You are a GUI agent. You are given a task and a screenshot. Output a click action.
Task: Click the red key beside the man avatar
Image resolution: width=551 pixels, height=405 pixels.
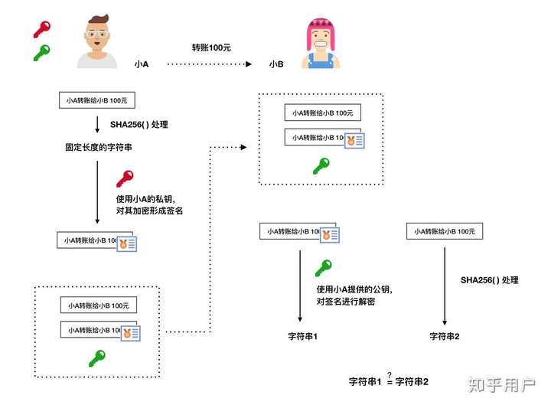pos(42,29)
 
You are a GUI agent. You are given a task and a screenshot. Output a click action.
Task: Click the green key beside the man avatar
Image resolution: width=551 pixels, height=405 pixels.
pos(42,53)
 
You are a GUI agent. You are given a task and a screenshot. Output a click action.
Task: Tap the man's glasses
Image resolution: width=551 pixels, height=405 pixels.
pos(96,34)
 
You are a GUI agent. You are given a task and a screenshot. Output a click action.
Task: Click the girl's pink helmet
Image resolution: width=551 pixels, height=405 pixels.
pos(320,30)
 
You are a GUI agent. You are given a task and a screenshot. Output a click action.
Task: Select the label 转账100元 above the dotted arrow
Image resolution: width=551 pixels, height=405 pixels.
pos(211,47)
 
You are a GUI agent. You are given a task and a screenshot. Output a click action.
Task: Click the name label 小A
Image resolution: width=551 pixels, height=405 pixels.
pos(142,64)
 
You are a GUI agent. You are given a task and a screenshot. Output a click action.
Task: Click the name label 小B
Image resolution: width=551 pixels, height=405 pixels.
pos(276,64)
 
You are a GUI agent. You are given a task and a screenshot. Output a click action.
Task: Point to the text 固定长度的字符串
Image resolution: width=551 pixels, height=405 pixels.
pos(99,147)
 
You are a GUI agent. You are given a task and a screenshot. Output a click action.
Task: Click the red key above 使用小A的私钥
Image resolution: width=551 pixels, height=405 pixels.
pos(125,178)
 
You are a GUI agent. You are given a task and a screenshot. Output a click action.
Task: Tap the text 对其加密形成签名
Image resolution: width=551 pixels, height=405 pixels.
pos(149,211)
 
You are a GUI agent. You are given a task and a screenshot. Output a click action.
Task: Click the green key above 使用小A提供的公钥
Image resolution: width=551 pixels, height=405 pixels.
pos(323,268)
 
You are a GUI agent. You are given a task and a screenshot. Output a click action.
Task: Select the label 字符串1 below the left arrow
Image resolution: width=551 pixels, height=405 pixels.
pos(302,336)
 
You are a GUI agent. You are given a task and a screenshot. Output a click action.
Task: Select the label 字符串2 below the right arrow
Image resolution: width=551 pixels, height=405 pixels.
pos(444,336)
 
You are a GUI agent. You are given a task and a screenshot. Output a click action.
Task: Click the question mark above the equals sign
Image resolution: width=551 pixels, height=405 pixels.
pos(390,375)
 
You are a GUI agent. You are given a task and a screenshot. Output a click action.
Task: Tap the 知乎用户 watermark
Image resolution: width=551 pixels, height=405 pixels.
pos(501,384)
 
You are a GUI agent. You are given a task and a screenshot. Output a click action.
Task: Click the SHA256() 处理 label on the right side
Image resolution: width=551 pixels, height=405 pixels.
pos(490,280)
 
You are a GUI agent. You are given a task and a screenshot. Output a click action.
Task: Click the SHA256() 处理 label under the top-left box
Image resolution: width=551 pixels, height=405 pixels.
pos(139,125)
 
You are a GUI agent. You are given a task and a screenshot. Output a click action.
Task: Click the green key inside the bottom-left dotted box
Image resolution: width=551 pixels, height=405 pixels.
pos(96,358)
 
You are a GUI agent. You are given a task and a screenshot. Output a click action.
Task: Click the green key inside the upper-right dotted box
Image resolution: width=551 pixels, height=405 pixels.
pos(321,166)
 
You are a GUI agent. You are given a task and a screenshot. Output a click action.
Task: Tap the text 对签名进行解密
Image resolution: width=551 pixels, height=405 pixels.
pos(346,302)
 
